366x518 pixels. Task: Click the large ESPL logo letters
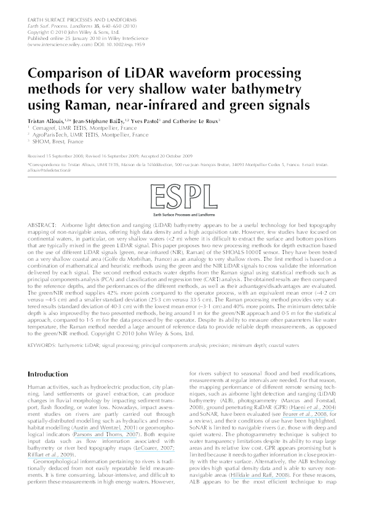[183, 199]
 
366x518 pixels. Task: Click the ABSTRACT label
[43, 227]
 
